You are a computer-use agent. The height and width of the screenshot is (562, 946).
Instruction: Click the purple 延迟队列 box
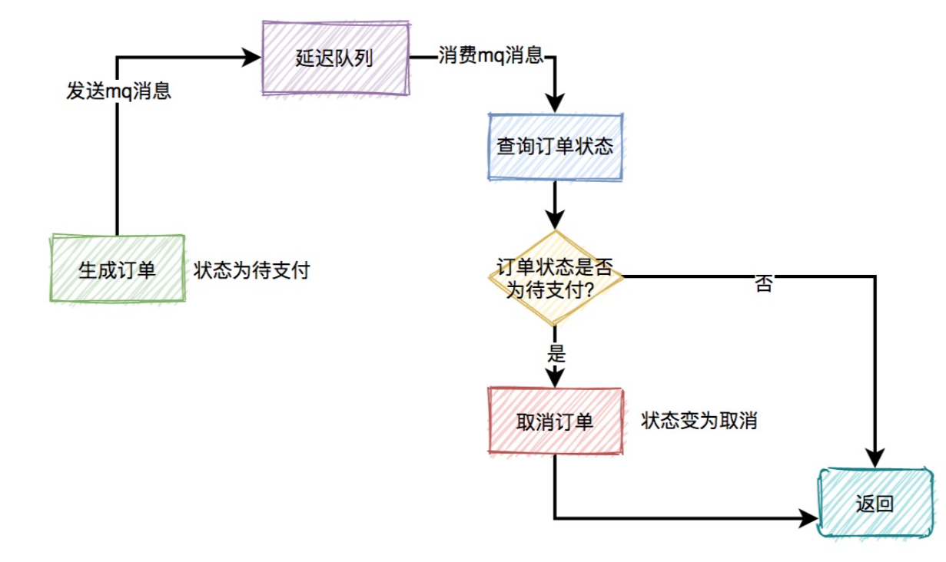335,58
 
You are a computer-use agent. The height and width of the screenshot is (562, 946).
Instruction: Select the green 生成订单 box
117,269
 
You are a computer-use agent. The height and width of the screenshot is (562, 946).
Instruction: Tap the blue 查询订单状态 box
555,147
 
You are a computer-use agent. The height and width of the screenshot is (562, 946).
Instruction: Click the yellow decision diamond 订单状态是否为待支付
555,278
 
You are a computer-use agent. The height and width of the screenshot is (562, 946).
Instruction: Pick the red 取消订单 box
555,421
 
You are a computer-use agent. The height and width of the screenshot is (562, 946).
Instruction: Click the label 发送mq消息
118,91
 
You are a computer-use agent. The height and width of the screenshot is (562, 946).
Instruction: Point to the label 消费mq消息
490,56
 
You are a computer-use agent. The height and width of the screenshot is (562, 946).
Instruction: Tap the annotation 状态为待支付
251,271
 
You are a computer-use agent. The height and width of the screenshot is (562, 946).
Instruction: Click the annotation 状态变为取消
699,421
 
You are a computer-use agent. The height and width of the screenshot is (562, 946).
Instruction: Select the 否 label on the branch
763,286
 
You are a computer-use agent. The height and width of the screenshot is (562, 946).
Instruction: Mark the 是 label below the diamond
556,354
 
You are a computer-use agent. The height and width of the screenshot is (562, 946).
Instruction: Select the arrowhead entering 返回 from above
875,456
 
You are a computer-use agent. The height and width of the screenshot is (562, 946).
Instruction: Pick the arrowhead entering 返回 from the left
808,518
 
